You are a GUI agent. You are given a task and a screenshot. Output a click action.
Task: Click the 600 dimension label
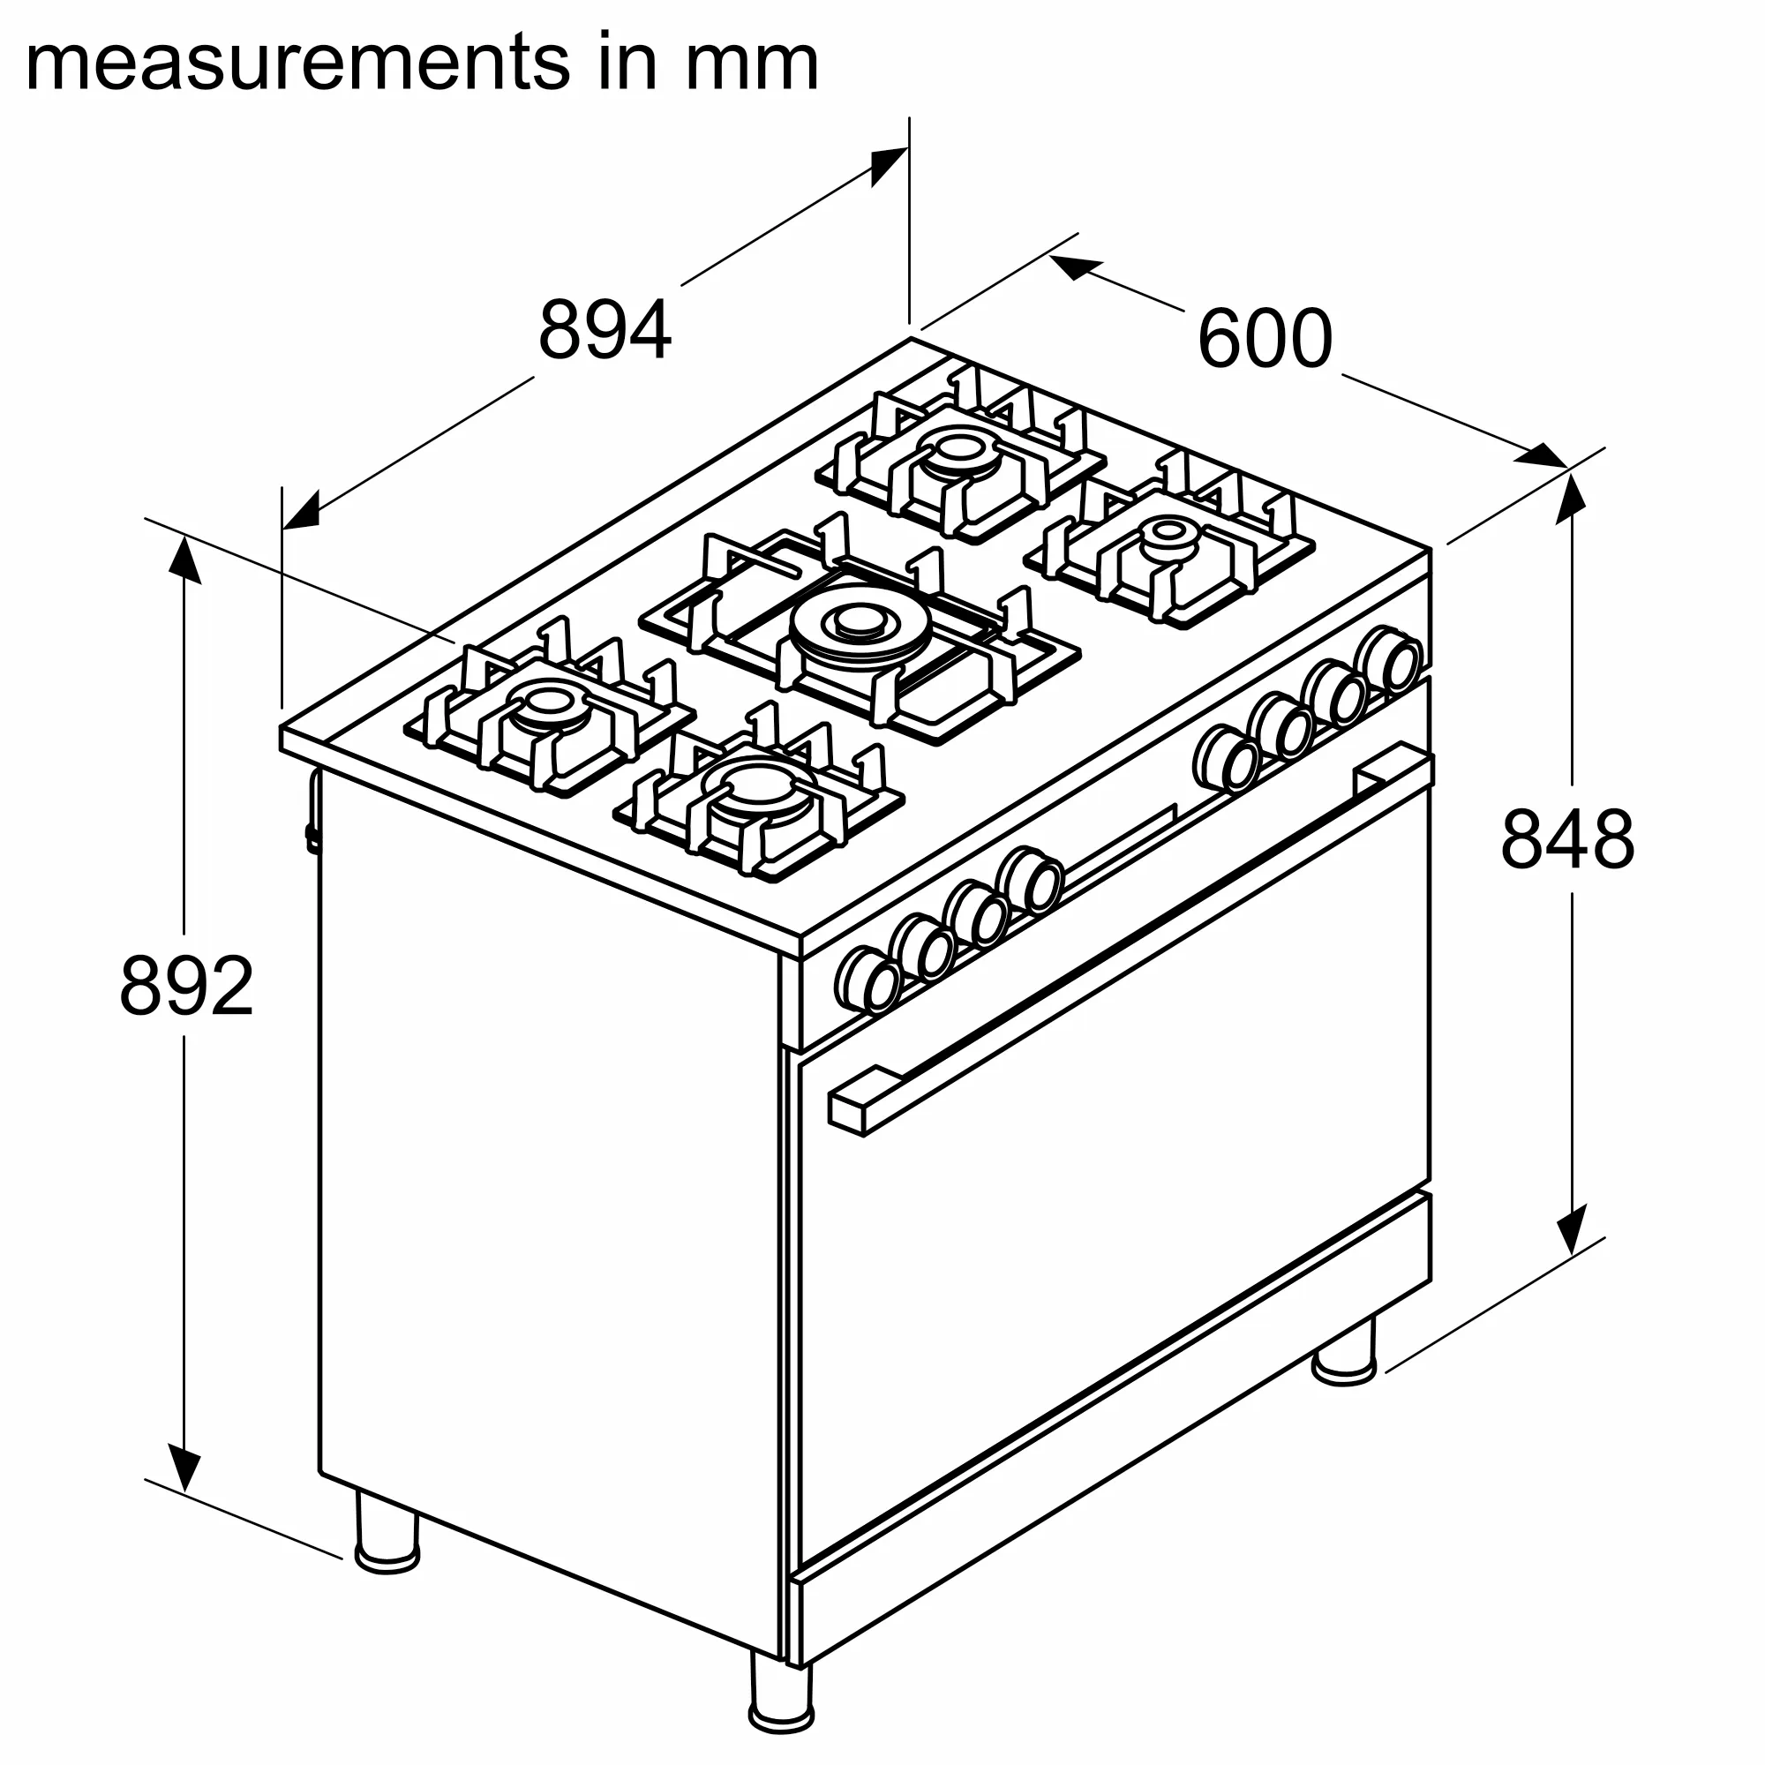coord(1265,339)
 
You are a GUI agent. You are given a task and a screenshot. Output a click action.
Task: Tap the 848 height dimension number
coord(1566,838)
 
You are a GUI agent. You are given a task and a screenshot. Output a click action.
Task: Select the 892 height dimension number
coord(186,986)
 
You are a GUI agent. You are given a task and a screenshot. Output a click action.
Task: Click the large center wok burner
coord(855,625)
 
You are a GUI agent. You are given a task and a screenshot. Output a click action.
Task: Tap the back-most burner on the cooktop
coord(958,449)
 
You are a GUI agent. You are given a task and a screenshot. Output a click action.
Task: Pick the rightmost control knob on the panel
coord(1388,658)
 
